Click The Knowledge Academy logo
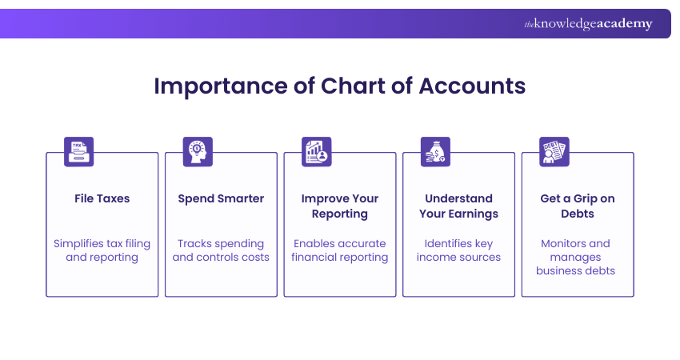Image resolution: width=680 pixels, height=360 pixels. [x=588, y=24]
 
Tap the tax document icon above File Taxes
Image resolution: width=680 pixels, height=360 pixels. [x=78, y=151]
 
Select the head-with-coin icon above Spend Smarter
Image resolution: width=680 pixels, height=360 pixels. [x=197, y=151]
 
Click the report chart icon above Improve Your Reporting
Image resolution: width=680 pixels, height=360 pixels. [x=316, y=151]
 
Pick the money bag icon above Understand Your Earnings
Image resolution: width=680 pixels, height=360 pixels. [x=435, y=151]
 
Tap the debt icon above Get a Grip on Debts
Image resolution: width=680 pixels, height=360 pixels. [x=554, y=151]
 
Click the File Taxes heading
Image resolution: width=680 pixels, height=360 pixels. [x=102, y=198]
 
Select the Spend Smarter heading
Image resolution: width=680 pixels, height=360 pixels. [x=221, y=198]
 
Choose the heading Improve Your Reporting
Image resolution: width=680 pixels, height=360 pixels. [x=340, y=206]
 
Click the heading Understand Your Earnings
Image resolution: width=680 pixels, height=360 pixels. [x=458, y=206]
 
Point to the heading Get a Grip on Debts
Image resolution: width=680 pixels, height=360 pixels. [x=578, y=206]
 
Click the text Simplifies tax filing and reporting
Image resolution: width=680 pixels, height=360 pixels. [x=102, y=250]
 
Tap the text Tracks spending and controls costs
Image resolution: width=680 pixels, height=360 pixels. [x=221, y=250]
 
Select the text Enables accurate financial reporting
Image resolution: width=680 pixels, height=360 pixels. [x=340, y=250]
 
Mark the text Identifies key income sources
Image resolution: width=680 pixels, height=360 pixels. [x=458, y=250]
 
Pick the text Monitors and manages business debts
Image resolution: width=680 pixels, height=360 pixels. [x=578, y=257]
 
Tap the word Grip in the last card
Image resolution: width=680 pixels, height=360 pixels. [x=588, y=198]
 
